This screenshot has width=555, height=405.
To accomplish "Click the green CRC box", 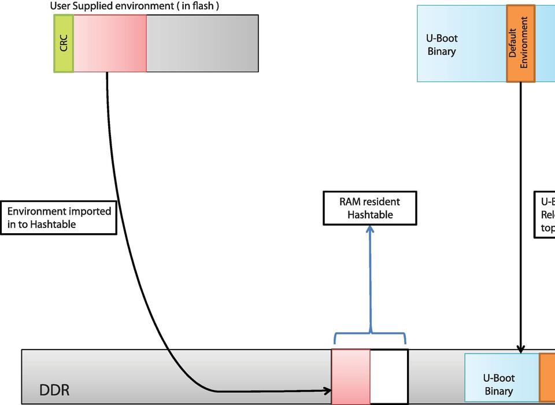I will pos(64,43).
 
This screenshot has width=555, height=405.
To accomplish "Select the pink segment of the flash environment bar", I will pos(110,43).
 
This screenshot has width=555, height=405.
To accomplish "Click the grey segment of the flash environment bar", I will pos(202,43).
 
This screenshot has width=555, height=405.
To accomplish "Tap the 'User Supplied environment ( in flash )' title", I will pos(134,6).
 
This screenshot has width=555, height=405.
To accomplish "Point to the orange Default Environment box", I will pos(520,43).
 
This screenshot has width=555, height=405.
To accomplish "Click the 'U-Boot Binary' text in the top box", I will pos(442,45).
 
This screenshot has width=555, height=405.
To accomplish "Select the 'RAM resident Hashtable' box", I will pos(369,208).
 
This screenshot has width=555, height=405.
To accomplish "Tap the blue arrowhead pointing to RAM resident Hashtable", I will pos(370,229).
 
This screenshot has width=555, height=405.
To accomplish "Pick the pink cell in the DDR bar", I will pos(350,376).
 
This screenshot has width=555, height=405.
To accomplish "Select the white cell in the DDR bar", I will pos(388,376).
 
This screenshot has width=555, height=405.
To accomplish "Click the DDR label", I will pos(54,390).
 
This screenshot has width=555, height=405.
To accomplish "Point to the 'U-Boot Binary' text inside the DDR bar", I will pos(498,385).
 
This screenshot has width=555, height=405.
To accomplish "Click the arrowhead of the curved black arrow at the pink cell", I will pos(327,391).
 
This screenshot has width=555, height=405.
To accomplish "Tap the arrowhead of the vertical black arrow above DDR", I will pos(520,349).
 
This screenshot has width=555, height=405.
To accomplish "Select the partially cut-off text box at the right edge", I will pos(545,215).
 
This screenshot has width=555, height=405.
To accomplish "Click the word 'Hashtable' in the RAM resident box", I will pos(370,215).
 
